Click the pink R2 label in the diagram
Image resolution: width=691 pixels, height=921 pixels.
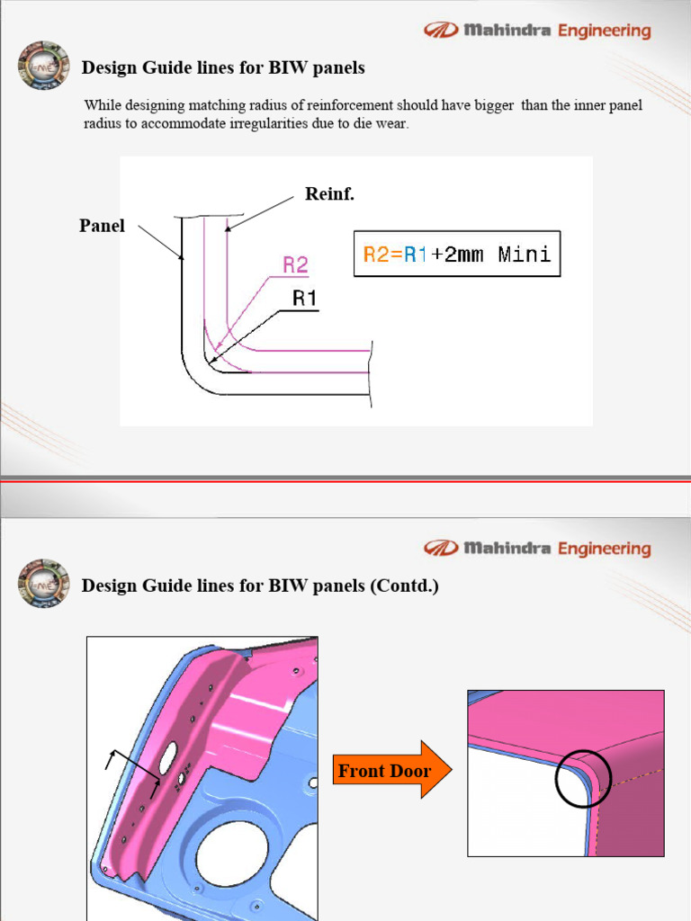(x=295, y=264)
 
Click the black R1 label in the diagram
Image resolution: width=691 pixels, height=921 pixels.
(x=305, y=299)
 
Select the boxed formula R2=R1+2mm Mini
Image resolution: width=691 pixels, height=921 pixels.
(x=456, y=255)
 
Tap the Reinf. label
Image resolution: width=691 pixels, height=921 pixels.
(x=329, y=194)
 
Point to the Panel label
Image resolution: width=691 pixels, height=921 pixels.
(x=102, y=226)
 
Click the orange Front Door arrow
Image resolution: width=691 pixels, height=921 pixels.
(x=392, y=770)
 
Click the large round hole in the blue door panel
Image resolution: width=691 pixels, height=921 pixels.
(x=232, y=853)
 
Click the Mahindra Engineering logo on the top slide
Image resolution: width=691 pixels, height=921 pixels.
(x=537, y=31)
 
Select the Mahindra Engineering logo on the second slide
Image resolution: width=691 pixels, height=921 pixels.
(x=537, y=548)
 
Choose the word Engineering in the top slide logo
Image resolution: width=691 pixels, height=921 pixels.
(x=604, y=31)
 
